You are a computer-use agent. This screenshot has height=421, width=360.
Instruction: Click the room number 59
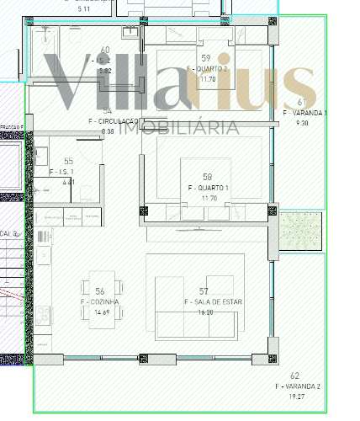(x=204, y=58)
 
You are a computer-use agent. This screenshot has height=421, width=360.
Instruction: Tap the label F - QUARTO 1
(x=208, y=187)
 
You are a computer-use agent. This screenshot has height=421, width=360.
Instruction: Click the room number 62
(x=294, y=376)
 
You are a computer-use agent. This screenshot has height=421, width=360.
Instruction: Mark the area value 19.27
(x=294, y=396)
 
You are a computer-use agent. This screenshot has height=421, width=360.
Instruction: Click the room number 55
(x=68, y=161)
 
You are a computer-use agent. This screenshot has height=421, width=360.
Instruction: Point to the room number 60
(x=104, y=51)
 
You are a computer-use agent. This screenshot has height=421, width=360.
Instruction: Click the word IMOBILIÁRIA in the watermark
(x=178, y=128)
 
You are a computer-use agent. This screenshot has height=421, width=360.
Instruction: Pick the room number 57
(x=204, y=290)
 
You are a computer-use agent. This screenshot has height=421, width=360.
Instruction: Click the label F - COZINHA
(x=100, y=301)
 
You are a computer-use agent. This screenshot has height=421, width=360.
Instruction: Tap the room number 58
(x=207, y=177)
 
